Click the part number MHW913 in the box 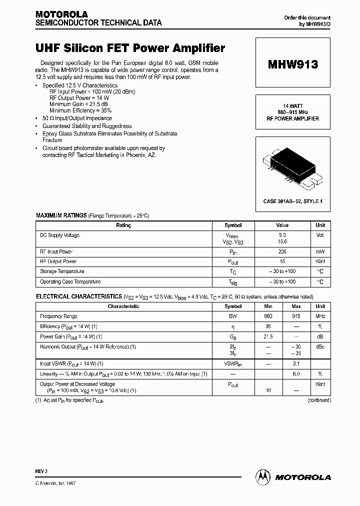[292, 64]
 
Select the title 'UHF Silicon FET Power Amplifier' [130, 48]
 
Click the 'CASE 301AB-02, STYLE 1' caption [292, 201]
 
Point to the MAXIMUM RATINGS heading [61, 215]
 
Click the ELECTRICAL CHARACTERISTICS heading [78, 296]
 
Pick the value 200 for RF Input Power [282, 252]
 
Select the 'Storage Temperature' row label [62, 271]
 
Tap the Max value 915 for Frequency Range [295, 316]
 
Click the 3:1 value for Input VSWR [295, 364]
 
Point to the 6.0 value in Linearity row [295, 374]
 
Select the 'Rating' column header [123, 225]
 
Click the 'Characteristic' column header [123, 306]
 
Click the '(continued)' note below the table [318, 400]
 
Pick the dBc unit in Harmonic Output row [320, 346]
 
